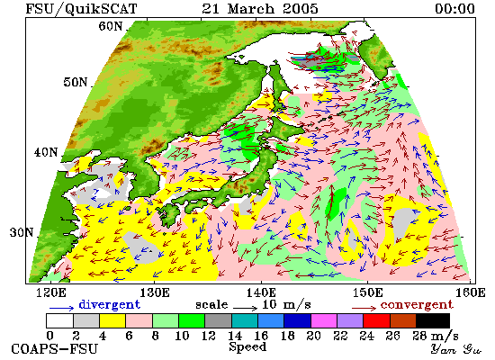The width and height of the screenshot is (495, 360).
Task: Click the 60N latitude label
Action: [110, 26]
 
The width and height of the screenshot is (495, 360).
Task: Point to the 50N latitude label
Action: [76, 82]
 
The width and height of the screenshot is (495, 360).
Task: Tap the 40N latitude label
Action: [46, 152]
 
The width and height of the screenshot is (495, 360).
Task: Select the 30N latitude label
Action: [22, 232]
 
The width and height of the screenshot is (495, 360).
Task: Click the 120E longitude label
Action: [50, 292]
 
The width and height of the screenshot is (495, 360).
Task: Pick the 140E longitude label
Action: [261, 292]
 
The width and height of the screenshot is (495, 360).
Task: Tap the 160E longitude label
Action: [471, 292]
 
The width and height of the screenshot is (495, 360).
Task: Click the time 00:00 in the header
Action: [454, 8]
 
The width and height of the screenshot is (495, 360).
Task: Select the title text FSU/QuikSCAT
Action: [81, 9]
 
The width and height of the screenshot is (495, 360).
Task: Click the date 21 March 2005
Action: [260, 8]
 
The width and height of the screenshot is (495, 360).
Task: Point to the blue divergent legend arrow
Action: [61, 307]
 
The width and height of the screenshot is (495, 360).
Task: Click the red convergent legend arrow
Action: [364, 308]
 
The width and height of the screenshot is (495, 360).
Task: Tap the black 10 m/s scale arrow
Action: [246, 307]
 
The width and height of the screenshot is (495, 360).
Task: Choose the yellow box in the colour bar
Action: [112, 320]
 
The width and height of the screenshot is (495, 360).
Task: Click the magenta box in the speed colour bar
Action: [324, 320]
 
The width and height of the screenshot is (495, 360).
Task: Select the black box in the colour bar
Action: [433, 320]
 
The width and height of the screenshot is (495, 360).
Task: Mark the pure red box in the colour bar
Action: [376, 320]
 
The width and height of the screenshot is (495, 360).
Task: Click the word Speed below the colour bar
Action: [247, 346]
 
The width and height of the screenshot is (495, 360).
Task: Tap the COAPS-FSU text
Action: [54, 349]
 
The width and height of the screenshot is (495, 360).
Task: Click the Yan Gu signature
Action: [456, 349]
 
